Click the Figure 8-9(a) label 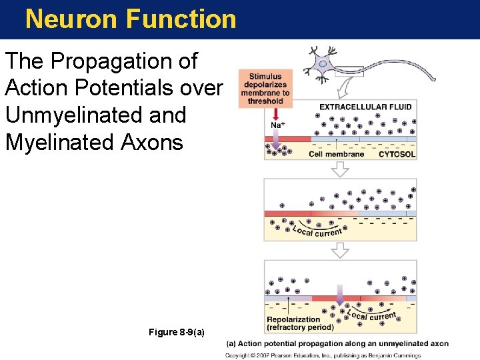tap(177, 332)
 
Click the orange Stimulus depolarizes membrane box tap(265, 89)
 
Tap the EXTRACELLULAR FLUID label tap(365, 107)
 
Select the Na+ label tap(278, 125)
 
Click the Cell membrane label tap(336, 154)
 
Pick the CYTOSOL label tap(397, 154)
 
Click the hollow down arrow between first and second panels tap(341, 169)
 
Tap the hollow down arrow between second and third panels tap(341, 250)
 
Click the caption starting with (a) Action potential tap(337, 344)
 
